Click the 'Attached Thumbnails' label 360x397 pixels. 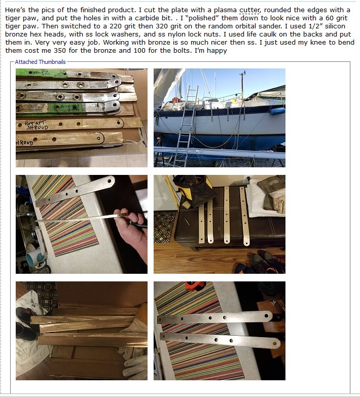(40, 62)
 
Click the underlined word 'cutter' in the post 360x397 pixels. (249, 10)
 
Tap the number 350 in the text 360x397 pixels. (60, 50)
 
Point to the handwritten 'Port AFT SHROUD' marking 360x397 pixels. (36, 125)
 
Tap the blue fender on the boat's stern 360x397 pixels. (277, 111)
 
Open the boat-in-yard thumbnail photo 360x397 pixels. (220, 118)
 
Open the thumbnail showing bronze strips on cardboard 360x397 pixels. (82, 331)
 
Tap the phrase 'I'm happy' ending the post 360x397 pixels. (210, 51)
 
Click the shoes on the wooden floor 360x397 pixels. (263, 264)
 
